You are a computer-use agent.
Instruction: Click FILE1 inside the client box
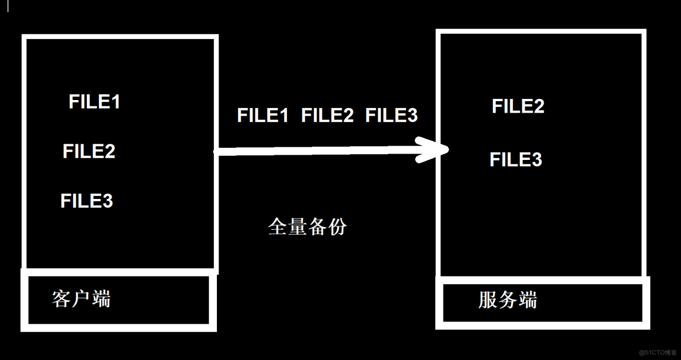click(x=94, y=102)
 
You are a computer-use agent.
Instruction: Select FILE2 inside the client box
click(x=89, y=151)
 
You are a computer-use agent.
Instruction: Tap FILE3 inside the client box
click(x=87, y=201)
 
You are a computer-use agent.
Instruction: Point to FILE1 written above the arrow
click(x=262, y=116)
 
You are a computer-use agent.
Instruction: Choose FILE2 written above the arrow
click(x=327, y=116)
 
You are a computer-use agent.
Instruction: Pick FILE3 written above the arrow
click(x=392, y=116)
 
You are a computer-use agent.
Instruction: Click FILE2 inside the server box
click(x=518, y=106)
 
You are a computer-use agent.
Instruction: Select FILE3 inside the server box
click(x=516, y=160)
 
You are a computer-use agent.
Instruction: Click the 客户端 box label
click(x=81, y=299)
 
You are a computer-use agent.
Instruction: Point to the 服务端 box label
click(x=507, y=300)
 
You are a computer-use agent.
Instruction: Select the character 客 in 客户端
click(x=62, y=299)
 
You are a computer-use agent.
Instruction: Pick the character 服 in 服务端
click(x=488, y=300)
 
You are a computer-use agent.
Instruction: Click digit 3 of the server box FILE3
click(x=536, y=160)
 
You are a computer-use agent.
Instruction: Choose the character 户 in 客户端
click(x=81, y=299)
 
